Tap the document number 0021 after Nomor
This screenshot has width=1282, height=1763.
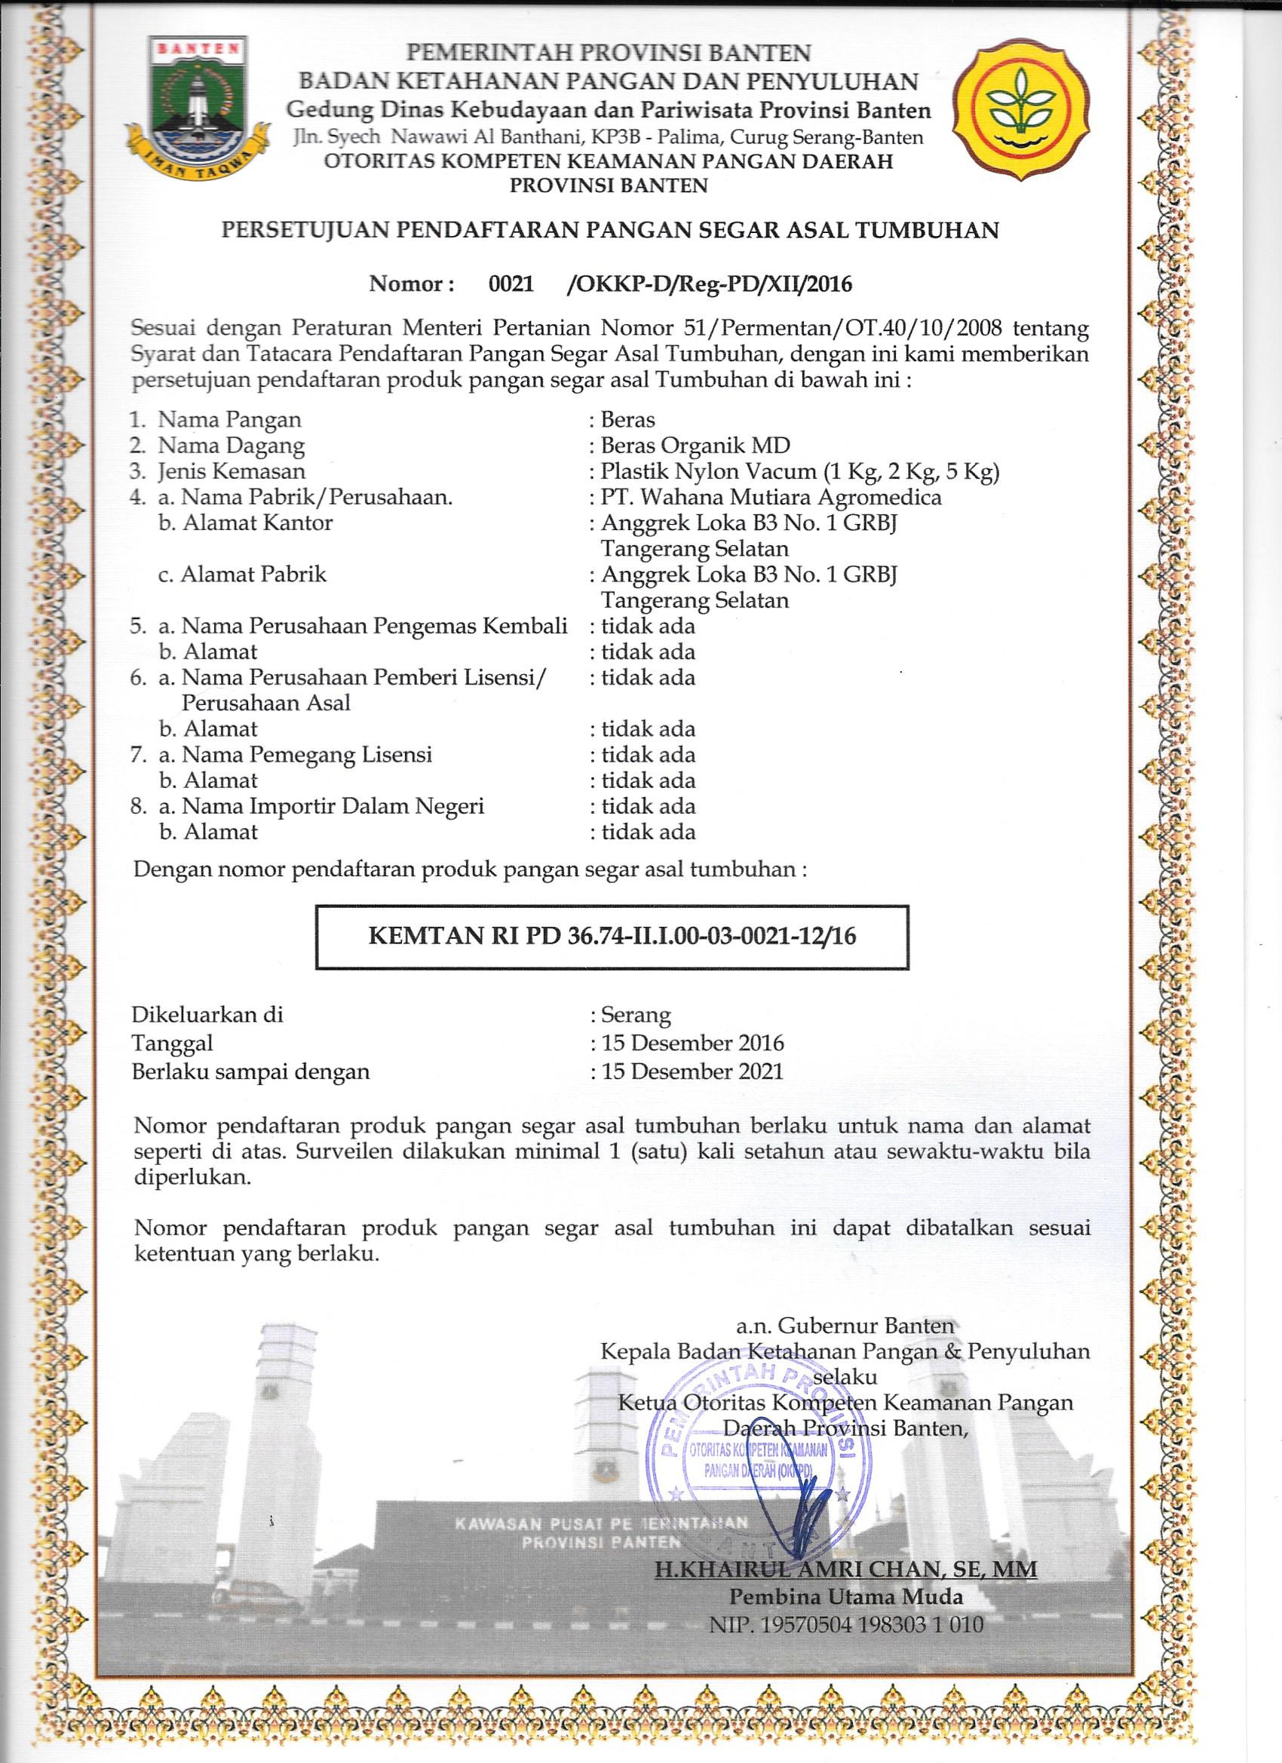511,284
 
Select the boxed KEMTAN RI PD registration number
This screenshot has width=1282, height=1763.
612,936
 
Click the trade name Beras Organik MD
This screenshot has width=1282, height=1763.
695,446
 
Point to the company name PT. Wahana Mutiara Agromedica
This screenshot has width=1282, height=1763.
771,497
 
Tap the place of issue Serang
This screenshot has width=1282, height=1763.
635,1015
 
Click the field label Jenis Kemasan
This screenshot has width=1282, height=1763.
232,471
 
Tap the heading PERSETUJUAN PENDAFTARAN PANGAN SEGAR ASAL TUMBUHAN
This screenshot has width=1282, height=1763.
610,230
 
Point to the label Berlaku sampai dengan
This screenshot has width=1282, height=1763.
250,1072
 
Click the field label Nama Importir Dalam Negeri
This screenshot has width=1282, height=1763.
333,806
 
